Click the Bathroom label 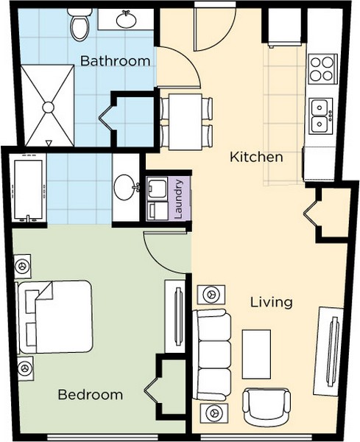[115, 61]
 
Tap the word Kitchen [256, 157]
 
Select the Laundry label [179, 199]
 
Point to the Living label [272, 303]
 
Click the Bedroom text [91, 395]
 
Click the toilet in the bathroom [80, 24]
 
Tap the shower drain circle [48, 107]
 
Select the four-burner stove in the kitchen [322, 69]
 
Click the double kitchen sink [322, 116]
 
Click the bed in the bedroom [55, 317]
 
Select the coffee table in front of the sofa [256, 354]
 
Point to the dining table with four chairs [186, 122]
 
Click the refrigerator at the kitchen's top [285, 27]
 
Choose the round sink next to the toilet [126, 19]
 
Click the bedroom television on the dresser [178, 317]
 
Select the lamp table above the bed [22, 266]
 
